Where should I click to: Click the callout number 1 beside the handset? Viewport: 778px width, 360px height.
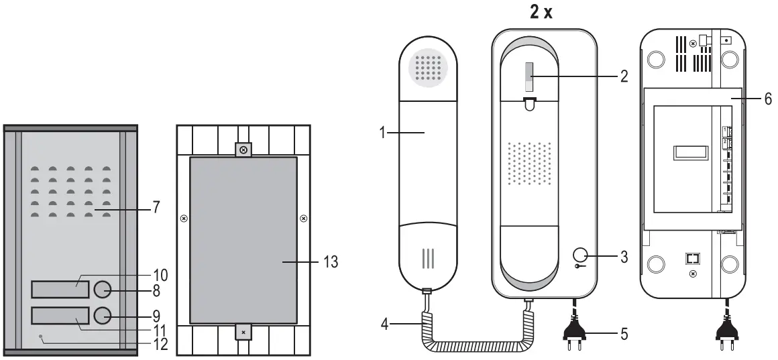pos(381,133)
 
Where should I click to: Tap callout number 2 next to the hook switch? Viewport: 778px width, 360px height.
pos(624,76)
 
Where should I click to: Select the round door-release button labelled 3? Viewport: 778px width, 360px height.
pos(581,255)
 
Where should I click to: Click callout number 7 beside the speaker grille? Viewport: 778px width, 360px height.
pos(156,207)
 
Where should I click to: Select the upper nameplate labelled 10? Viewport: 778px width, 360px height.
pos(60,290)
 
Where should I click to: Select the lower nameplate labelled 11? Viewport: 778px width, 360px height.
pos(60,316)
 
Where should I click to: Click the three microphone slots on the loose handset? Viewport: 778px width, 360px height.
pos(423,259)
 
